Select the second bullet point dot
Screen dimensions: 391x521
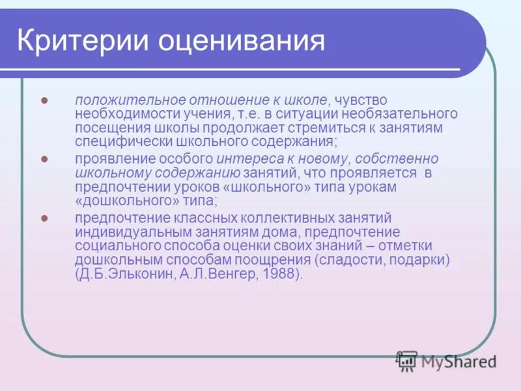pyautogui.click(x=45, y=159)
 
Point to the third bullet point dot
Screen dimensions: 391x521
pyautogui.click(x=45, y=218)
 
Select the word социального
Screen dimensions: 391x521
pyautogui.click(x=122, y=246)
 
